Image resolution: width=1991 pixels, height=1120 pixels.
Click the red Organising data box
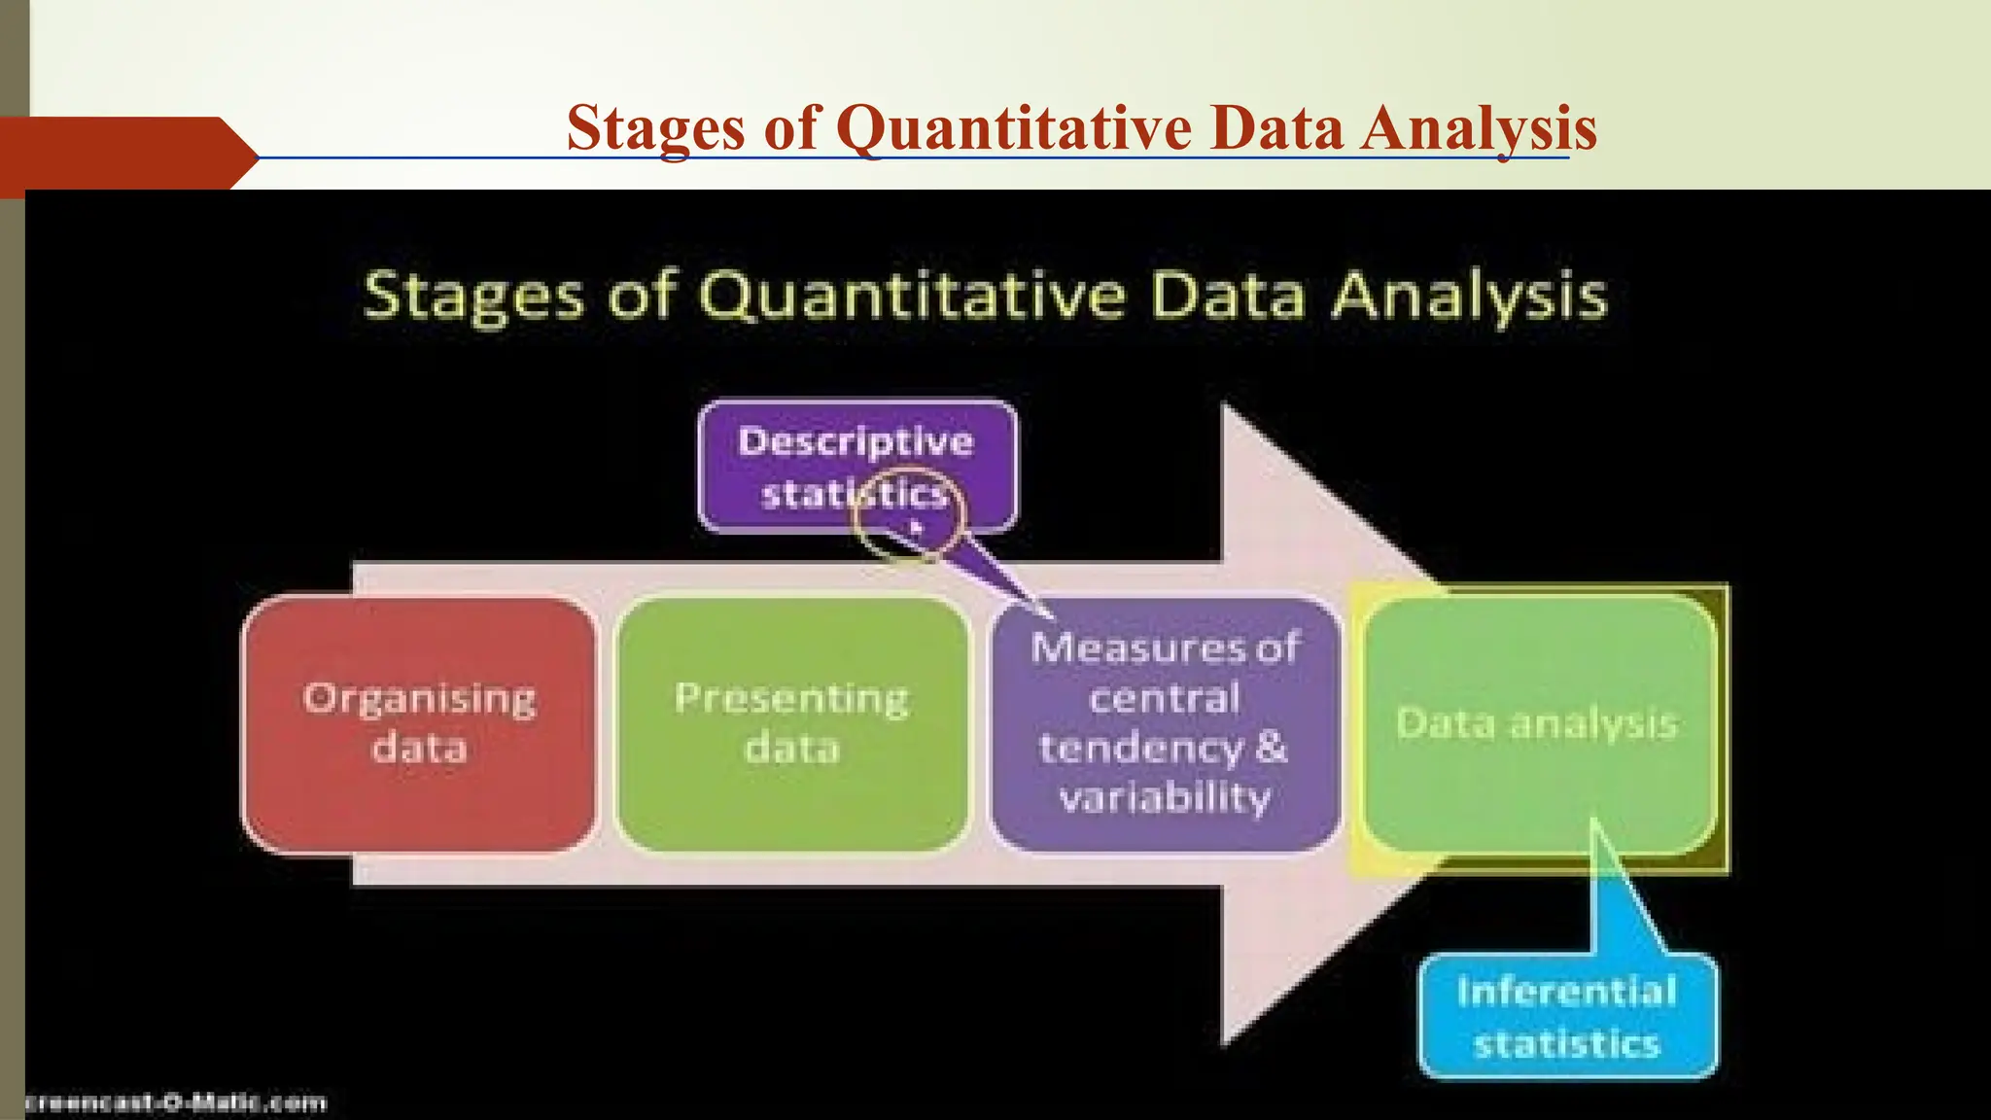(x=419, y=724)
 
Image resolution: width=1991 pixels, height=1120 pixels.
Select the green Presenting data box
(x=792, y=724)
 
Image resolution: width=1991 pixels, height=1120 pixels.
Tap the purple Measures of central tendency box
(x=1165, y=724)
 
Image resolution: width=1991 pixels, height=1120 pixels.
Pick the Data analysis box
(x=1537, y=724)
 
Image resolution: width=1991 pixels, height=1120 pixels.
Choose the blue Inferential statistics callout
(x=1567, y=1017)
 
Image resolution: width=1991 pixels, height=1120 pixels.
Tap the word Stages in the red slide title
(x=656, y=127)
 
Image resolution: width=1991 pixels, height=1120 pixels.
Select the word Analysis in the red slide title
(x=1478, y=127)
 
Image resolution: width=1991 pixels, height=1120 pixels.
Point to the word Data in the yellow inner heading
(x=1228, y=296)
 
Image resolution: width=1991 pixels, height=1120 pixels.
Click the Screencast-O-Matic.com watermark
(x=175, y=1102)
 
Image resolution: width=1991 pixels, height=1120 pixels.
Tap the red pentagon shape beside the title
(x=126, y=154)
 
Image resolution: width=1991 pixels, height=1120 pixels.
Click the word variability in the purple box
(x=1165, y=798)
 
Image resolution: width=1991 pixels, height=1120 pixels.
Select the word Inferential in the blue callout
(x=1566, y=992)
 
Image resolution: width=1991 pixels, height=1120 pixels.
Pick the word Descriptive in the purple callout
(x=856, y=442)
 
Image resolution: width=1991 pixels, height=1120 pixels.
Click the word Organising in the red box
(x=419, y=699)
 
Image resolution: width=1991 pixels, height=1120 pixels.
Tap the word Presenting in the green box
(x=792, y=699)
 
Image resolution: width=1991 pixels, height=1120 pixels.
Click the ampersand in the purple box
(x=1272, y=748)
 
